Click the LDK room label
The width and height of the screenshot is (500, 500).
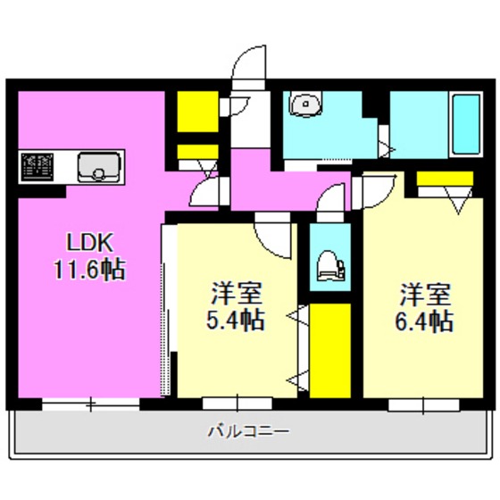(x=86, y=242)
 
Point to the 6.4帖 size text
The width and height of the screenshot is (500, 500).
(x=425, y=321)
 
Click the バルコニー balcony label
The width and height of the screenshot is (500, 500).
(x=248, y=431)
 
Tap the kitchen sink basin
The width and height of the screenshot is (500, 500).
(x=98, y=165)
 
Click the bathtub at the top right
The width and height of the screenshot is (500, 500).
(x=465, y=123)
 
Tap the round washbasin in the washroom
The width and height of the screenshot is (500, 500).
(x=306, y=105)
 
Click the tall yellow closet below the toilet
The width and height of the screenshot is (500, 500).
(x=329, y=350)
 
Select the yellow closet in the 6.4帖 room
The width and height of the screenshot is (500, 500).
(x=445, y=178)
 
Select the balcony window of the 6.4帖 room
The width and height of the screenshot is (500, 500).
(x=423, y=403)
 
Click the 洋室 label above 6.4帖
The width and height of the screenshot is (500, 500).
(x=424, y=293)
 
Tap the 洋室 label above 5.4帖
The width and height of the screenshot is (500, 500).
(x=237, y=293)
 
